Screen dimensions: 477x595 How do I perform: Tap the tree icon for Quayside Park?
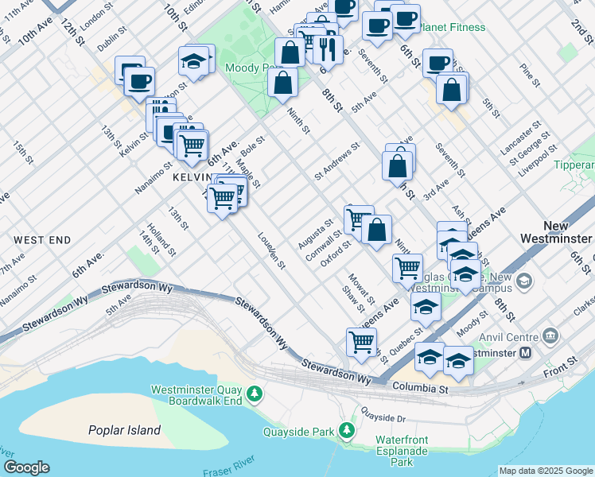point(346,431)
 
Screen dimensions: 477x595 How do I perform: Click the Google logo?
point(26,467)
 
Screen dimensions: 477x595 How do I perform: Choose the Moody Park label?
point(248,68)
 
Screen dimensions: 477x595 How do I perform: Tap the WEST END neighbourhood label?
point(42,239)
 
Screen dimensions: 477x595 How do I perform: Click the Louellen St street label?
point(271,250)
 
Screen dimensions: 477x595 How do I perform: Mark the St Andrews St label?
point(336,160)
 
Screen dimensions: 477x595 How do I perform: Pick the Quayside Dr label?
point(383,416)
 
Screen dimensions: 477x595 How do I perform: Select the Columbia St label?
point(422,390)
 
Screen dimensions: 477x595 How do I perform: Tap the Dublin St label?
point(107,42)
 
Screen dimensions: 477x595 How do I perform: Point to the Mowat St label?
point(360,289)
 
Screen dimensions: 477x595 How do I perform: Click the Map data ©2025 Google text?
point(546,471)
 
